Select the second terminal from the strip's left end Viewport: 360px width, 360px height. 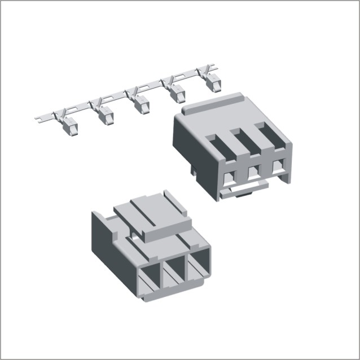point(105,116)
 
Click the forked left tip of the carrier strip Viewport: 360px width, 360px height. point(37,118)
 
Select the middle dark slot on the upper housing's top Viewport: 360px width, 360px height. point(244,141)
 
